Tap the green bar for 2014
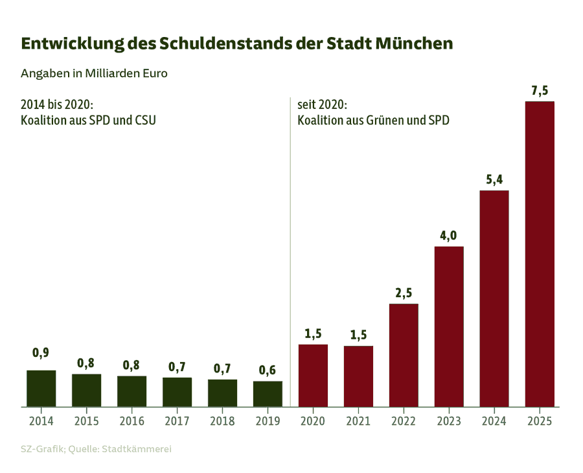[x=41, y=389]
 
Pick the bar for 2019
[x=268, y=394]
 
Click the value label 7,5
[x=540, y=91]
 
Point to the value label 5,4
[x=494, y=180]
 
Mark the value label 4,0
[x=449, y=236]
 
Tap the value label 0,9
[x=41, y=353]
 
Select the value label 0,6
[x=268, y=370]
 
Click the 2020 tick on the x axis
[x=313, y=420]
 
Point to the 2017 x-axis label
[x=177, y=420]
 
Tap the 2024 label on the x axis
[x=494, y=420]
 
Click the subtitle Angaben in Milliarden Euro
[x=94, y=73]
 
